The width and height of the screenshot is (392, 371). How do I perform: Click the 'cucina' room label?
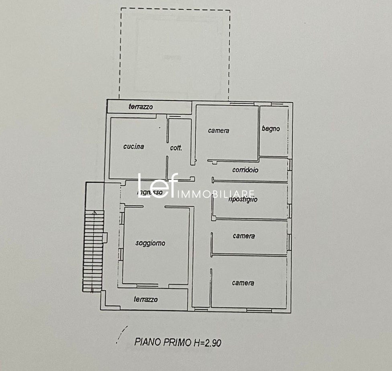134,146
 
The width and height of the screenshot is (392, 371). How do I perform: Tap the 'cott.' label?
176,148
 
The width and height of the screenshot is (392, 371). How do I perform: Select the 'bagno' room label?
271,129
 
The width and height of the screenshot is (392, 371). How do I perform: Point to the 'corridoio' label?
245,170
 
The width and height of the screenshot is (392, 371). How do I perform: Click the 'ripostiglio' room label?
243,199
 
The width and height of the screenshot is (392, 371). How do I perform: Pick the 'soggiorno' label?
150,243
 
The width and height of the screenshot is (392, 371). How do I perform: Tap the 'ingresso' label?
150,193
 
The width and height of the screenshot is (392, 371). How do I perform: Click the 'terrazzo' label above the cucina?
141,107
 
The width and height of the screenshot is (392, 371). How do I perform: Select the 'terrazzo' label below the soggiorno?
146,299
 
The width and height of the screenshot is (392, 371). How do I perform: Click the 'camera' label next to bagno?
218,131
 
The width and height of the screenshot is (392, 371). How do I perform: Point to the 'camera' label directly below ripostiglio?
244,236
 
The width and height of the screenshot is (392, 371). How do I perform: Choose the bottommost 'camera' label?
243,283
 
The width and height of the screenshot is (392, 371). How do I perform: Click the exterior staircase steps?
94,251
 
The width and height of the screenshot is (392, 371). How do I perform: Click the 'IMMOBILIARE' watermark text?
216,194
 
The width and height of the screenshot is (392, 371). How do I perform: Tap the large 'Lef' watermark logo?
157,185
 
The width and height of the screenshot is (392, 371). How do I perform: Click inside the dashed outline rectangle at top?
174,54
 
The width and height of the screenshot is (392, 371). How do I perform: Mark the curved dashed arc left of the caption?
122,334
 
